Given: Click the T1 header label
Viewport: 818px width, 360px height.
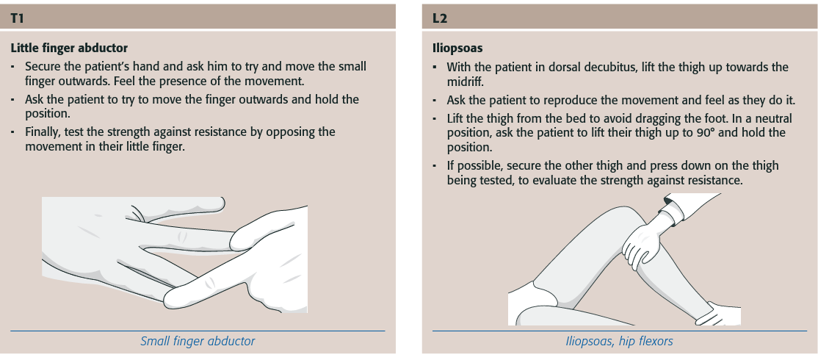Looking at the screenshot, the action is click(17, 18).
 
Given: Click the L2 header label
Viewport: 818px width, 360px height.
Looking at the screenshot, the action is click(439, 18).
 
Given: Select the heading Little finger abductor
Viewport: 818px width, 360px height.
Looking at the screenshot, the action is click(69, 48).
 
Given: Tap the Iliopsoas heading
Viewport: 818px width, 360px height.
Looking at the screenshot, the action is click(457, 48).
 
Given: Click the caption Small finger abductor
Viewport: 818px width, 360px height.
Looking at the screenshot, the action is click(198, 341).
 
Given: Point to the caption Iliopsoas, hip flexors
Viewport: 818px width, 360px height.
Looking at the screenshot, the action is click(619, 341).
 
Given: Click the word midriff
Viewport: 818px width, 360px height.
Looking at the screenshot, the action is click(466, 82).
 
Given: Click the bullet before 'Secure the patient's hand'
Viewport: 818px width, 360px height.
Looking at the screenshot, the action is click(12, 68).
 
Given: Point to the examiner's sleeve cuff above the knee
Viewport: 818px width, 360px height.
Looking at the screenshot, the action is click(672, 209).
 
